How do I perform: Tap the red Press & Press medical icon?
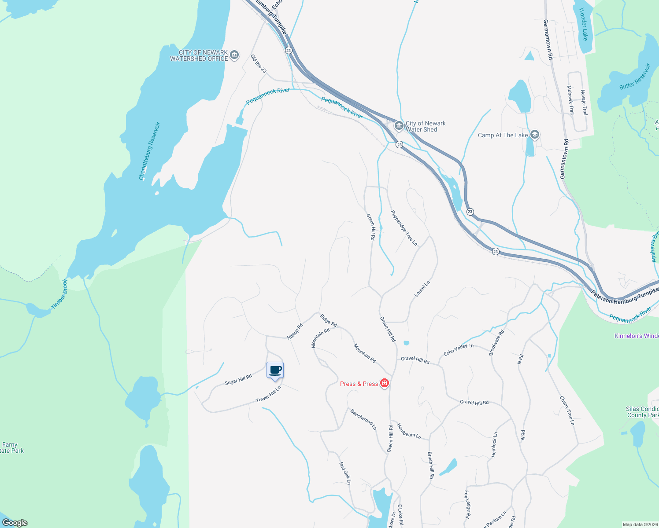coord(385,384)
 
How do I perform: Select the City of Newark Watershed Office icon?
coord(234,55)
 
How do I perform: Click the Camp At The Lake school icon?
coord(535,135)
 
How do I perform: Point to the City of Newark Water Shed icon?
coord(399,126)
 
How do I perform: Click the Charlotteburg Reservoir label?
coord(149,151)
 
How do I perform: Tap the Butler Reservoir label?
coord(635,77)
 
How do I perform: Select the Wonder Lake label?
coord(583,24)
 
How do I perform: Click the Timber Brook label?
coord(59,294)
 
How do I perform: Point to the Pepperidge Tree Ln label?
coord(404,227)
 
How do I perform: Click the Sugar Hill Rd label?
coord(238,379)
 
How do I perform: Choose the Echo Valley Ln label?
coord(459,349)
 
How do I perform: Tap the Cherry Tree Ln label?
coord(567,411)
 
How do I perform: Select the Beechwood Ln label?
coord(363,419)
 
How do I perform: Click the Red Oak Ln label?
coord(345,473)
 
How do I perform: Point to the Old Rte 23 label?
coord(259,64)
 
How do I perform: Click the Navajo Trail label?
coord(584,103)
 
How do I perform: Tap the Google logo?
coord(15,522)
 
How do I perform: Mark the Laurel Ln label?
coord(422,289)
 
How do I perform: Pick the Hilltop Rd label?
coord(295,331)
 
